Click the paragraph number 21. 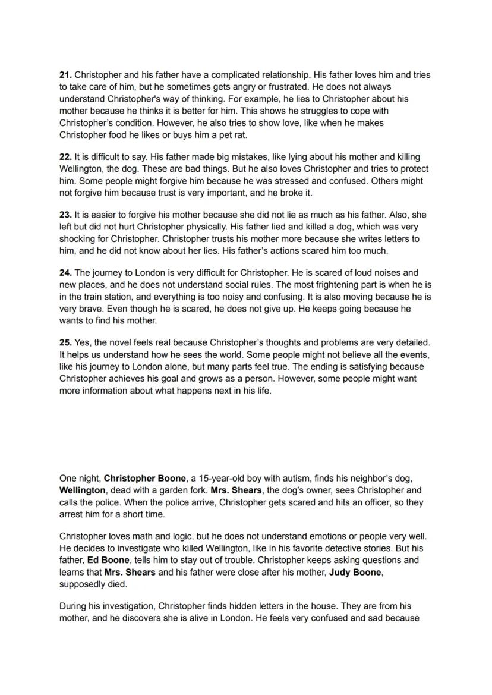[65, 75]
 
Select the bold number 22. [65, 157]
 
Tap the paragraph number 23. [65, 215]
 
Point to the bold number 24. [65, 273]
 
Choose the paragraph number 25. [65, 342]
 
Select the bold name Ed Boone [108, 560]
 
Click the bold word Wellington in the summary [83, 490]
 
